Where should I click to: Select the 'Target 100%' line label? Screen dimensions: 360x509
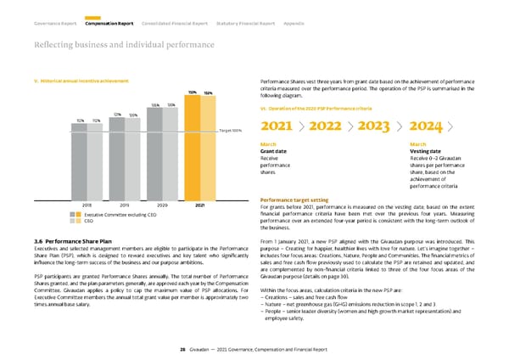pyautogui.click(x=231, y=130)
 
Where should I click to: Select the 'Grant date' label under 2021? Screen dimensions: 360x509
pyautogui.click(x=275, y=151)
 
